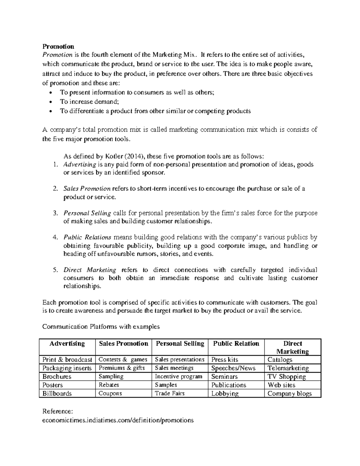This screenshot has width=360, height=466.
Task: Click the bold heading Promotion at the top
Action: (x=58, y=47)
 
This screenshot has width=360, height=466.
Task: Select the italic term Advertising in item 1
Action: (x=79, y=164)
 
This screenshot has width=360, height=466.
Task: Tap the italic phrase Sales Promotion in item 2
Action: (x=87, y=189)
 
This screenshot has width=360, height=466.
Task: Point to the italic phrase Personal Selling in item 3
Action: (x=87, y=213)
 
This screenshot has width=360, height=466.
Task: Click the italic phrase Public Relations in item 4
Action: (x=87, y=237)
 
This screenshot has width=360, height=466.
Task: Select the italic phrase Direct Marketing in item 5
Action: (x=90, y=270)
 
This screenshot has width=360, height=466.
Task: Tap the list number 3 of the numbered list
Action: (x=55, y=213)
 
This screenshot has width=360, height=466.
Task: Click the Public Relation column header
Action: (x=236, y=344)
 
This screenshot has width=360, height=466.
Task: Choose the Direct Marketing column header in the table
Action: (x=292, y=347)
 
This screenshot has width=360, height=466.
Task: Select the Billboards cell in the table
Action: (x=57, y=393)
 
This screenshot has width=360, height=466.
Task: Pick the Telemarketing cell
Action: (x=288, y=368)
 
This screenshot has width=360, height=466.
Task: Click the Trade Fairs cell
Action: (x=170, y=393)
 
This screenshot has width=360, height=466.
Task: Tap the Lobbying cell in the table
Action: (x=225, y=393)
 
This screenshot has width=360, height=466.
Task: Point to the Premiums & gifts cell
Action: (x=121, y=368)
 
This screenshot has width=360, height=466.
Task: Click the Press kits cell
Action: (x=224, y=359)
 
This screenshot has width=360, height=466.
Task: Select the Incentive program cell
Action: (x=178, y=377)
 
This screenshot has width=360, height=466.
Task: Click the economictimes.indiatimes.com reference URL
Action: (x=118, y=420)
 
